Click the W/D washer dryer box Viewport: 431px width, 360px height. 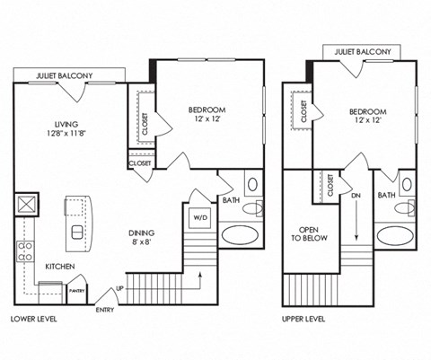pos(198,216)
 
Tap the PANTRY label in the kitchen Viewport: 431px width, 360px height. pos(78,290)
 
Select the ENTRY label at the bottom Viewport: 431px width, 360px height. pos(106,310)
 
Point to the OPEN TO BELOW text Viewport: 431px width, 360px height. pos(311,233)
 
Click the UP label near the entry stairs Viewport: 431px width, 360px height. pos(119,289)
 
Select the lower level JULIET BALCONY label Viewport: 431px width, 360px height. pos(61,76)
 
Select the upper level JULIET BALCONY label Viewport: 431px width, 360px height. pos(363,52)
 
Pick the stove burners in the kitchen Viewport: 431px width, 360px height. pos(26,250)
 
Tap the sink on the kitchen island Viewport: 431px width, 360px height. pos(77,233)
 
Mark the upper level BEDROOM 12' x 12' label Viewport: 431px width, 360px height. pos(367,117)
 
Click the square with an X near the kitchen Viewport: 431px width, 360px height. pos(26,204)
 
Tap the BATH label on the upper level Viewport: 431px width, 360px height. pos(386,195)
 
